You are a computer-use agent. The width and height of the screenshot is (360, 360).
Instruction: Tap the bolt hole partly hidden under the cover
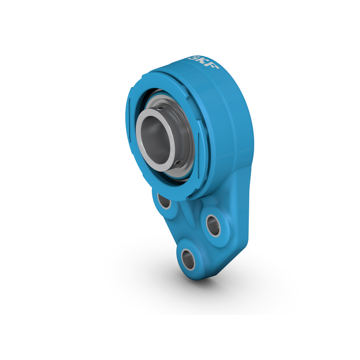point(165,202)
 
